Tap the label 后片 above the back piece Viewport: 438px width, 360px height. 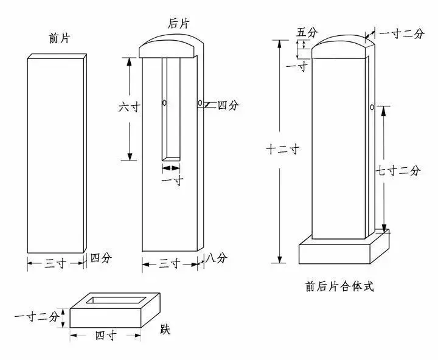tap(178, 24)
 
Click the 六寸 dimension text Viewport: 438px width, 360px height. tap(130, 106)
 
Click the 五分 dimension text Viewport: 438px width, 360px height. tap(305, 32)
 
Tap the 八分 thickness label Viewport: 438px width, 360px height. tap(217, 258)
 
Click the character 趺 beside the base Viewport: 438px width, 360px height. tap(165, 330)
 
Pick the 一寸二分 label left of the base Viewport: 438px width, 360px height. tap(36, 317)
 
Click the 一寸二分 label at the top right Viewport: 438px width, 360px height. tap(402, 33)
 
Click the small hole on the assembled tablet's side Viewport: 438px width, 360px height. tap(371, 108)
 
